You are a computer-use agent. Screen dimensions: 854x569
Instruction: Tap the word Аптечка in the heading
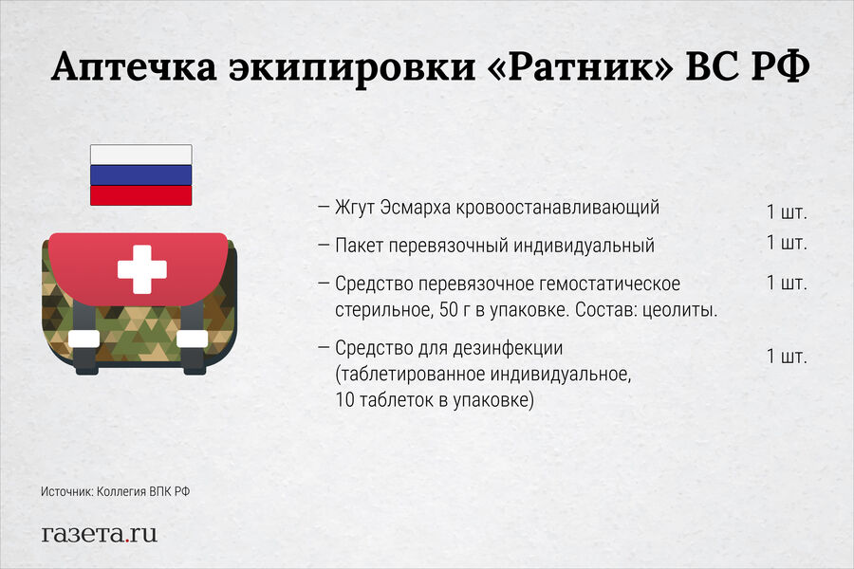[x=134, y=67]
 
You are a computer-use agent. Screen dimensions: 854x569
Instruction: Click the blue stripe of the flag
[x=141, y=175]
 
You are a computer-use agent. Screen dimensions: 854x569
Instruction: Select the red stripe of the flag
[x=141, y=195]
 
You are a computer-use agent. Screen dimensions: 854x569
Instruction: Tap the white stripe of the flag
[x=141, y=155]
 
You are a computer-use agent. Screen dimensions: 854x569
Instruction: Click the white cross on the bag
[x=141, y=269]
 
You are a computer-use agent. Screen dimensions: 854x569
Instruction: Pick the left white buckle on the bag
[x=84, y=339]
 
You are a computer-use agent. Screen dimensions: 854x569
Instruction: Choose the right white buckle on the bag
[x=193, y=339]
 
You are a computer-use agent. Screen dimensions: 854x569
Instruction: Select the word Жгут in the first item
[x=354, y=209]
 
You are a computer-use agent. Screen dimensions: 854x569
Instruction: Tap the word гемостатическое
[x=610, y=284]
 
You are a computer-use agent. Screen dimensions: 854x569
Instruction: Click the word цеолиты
[x=679, y=310]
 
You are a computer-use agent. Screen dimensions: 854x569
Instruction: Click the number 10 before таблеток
[x=344, y=400]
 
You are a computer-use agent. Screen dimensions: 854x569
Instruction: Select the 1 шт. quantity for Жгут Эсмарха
[x=787, y=212]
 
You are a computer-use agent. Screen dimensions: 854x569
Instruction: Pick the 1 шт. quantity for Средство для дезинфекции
[x=787, y=357]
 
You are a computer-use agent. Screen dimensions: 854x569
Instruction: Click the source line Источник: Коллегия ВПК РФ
[x=116, y=491]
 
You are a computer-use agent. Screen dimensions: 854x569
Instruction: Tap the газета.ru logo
[x=99, y=534]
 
